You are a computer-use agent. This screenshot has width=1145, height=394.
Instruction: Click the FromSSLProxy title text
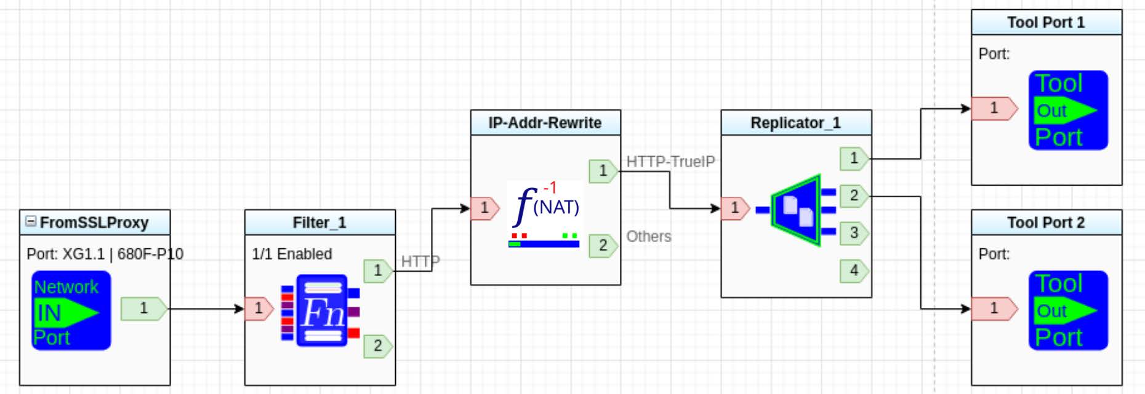pyautogui.click(x=94, y=223)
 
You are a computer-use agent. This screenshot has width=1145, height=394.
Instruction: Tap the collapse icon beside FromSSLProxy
pyautogui.click(x=30, y=221)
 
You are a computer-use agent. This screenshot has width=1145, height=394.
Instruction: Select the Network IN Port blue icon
pyautogui.click(x=71, y=310)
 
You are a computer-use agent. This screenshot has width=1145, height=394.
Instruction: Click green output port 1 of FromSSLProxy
pyautogui.click(x=143, y=308)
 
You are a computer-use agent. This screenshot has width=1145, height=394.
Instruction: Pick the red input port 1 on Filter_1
pyautogui.click(x=259, y=308)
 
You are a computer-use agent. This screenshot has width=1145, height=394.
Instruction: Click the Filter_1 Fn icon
pyautogui.click(x=321, y=310)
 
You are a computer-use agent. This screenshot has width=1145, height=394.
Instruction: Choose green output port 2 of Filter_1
pyautogui.click(x=377, y=345)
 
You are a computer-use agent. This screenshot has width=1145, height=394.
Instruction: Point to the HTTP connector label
pyautogui.click(x=420, y=261)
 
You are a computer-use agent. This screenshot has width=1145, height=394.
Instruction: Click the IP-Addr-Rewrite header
pyautogui.click(x=545, y=123)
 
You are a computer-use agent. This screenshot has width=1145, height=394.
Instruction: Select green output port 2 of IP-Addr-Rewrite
pyautogui.click(x=603, y=245)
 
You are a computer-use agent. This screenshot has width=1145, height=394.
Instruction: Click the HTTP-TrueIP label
pyautogui.click(x=670, y=162)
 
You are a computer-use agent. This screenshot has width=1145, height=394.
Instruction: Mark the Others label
pyautogui.click(x=649, y=237)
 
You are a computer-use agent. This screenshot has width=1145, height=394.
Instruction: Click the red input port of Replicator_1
pyautogui.click(x=734, y=208)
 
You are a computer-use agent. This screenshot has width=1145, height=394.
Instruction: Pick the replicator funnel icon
pyautogui.click(x=797, y=210)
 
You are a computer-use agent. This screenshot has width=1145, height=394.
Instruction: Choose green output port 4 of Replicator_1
pyautogui.click(x=854, y=270)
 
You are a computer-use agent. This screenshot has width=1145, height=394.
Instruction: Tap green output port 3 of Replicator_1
pyautogui.click(x=854, y=233)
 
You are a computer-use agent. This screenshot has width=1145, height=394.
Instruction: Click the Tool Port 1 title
pyautogui.click(x=1046, y=23)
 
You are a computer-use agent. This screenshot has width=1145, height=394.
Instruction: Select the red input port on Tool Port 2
pyautogui.click(x=994, y=308)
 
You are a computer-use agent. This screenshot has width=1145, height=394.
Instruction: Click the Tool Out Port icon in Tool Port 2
pyautogui.click(x=1068, y=310)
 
